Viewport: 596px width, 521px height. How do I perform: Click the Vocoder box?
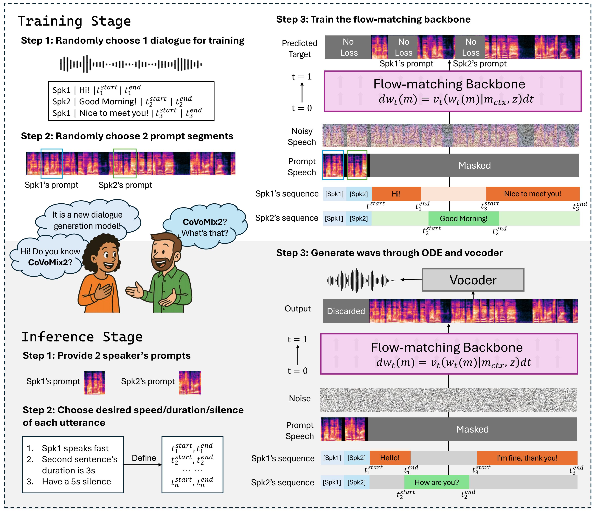pos(473,280)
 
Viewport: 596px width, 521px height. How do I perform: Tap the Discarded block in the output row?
pos(346,311)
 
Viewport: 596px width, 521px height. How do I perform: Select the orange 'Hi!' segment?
pos(396,194)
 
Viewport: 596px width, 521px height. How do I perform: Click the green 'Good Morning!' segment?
pos(464,218)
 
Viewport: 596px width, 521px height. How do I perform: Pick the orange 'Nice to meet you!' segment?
pos(533,194)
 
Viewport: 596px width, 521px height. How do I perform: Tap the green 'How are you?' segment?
pos(437,482)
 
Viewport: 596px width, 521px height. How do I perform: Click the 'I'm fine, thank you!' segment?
pos(527,458)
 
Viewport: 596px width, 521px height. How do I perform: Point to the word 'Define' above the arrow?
pos(144,458)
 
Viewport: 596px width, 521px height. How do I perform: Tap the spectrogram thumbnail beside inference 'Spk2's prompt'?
pos(190,382)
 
